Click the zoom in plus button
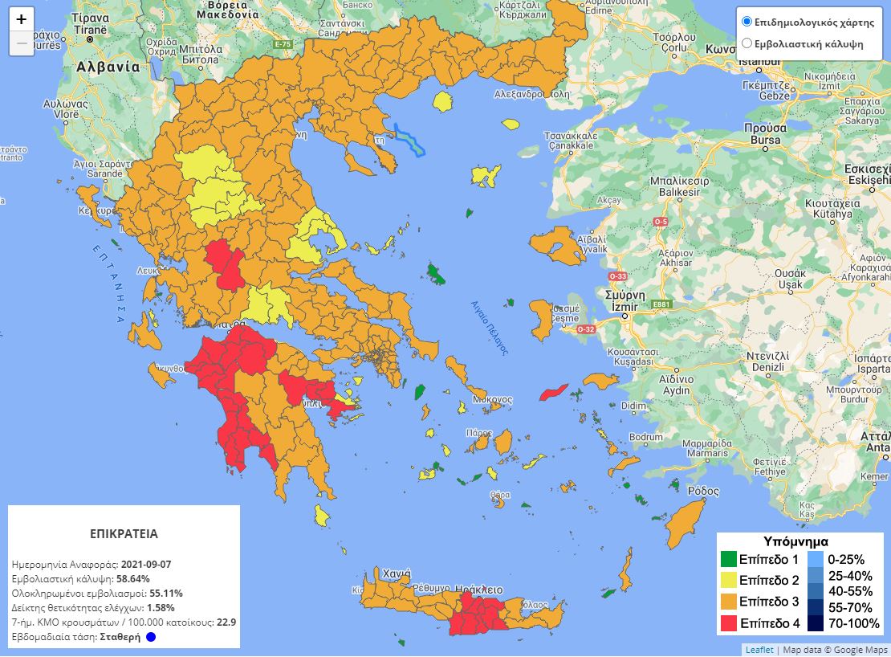pyautogui.click(x=22, y=19)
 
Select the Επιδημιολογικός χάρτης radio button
pyautogui.click(x=747, y=22)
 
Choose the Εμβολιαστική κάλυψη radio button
pyautogui.click(x=747, y=43)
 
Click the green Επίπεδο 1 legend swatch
pyautogui.click(x=728, y=559)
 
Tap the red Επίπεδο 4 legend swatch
pyautogui.click(x=728, y=622)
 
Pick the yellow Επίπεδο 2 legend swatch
pyautogui.click(x=728, y=580)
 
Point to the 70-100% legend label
pyautogui.click(x=853, y=622)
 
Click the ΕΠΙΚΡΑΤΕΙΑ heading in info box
pyautogui.click(x=124, y=533)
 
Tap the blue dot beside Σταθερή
pyautogui.click(x=151, y=637)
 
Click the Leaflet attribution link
pyautogui.click(x=759, y=650)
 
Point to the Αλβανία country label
pyautogui.click(x=108, y=67)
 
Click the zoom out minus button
pyautogui.click(x=22, y=43)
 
